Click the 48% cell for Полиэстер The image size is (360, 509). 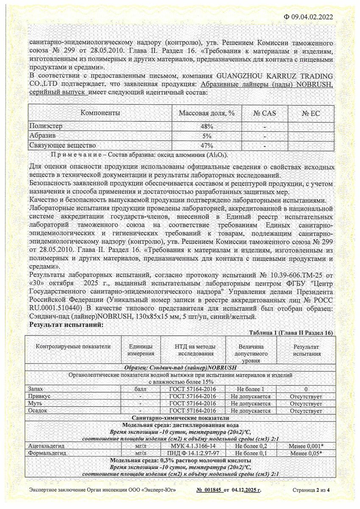click(x=207, y=127)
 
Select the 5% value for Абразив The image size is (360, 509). click(x=207, y=136)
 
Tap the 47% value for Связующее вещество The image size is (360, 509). click(x=207, y=145)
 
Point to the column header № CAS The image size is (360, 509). click(x=264, y=113)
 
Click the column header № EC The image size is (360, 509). click(x=311, y=113)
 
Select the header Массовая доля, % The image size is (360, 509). click(x=207, y=113)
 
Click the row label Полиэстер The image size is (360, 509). click(x=46, y=127)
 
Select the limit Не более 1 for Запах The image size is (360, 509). click(x=251, y=389)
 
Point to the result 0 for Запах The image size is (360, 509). click(x=305, y=389)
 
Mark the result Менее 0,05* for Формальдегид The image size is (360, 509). click(x=305, y=453)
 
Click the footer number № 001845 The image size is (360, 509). click(x=209, y=490)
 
